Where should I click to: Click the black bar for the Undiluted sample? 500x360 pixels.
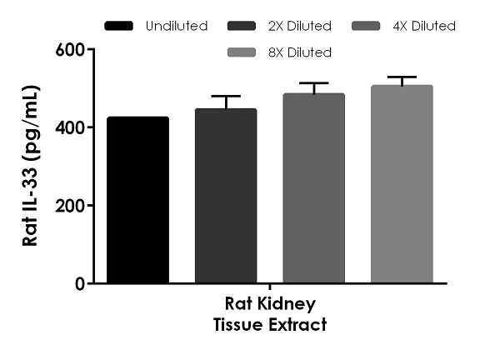(137, 200)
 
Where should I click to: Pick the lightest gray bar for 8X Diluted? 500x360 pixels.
(402, 184)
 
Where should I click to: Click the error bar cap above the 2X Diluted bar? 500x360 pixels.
(226, 97)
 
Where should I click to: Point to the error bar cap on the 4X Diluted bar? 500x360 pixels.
(313, 83)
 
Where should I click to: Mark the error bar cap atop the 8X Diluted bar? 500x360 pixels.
(402, 77)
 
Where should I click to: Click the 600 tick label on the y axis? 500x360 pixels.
(72, 49)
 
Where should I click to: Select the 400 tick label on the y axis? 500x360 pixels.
(72, 127)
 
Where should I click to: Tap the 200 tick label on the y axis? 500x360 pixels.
(72, 205)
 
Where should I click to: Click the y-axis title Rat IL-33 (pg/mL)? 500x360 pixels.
(31, 167)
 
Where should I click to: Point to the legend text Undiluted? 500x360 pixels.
(176, 27)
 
